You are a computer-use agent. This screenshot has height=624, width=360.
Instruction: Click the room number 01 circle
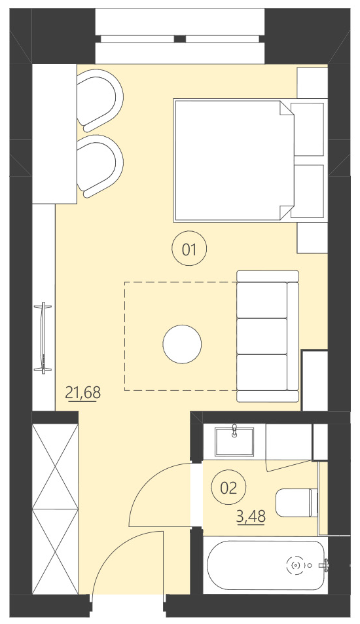click(189, 249)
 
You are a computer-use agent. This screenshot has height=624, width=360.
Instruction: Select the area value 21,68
click(83, 393)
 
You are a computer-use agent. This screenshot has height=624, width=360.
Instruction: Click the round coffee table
click(182, 344)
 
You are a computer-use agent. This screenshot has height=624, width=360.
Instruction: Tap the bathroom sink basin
click(234, 440)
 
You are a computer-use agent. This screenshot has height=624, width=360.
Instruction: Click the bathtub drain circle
click(296, 564)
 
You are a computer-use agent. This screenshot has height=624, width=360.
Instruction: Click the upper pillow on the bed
click(308, 129)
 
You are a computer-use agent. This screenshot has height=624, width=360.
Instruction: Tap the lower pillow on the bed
click(308, 191)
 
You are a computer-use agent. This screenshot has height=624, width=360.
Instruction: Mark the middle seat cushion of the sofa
click(262, 336)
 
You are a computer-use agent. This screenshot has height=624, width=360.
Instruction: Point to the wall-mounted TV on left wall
click(44, 337)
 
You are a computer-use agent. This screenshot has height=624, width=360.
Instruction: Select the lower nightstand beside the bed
click(312, 237)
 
